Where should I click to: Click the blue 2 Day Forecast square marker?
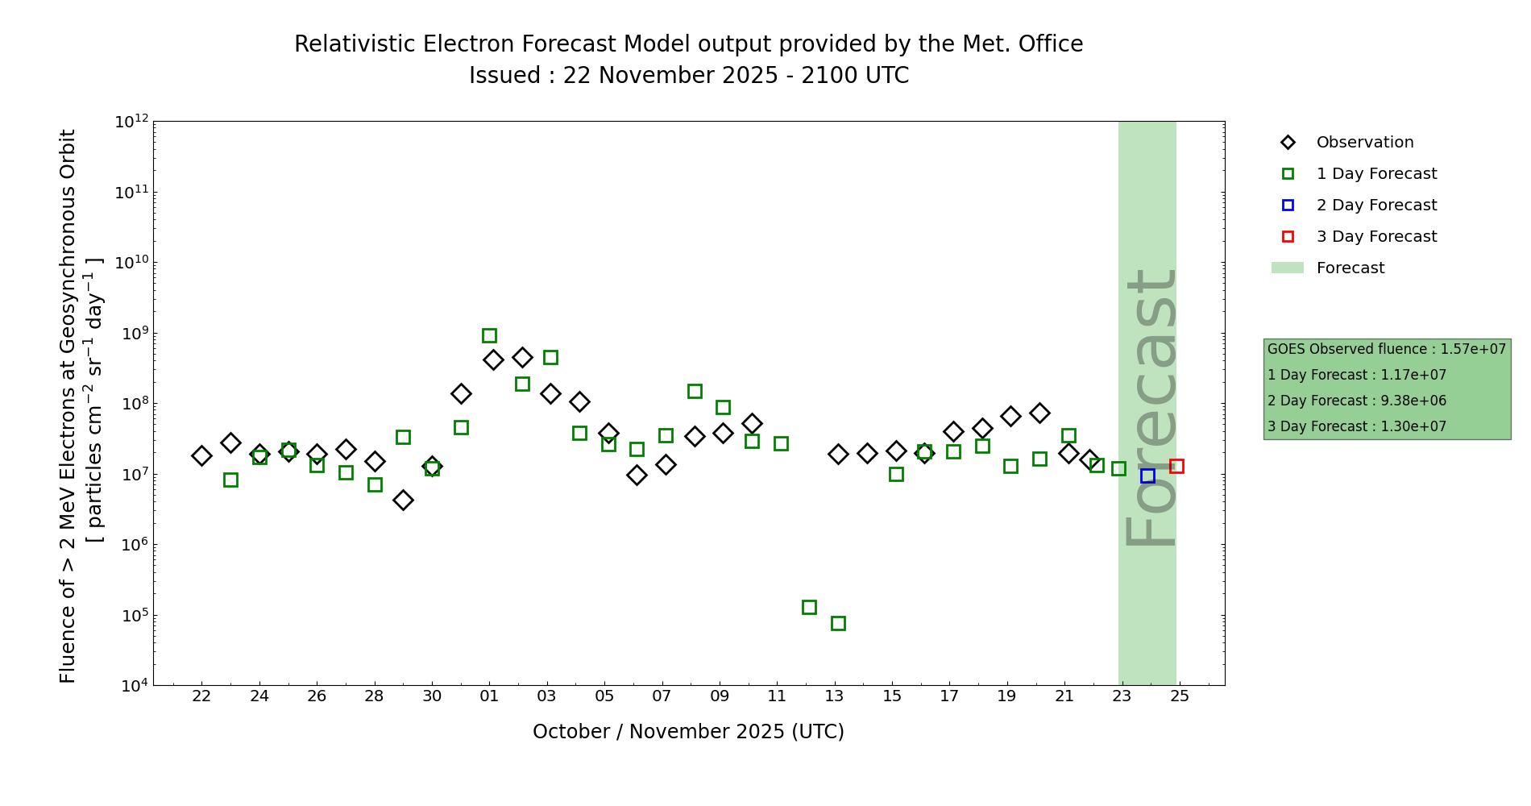pyautogui.click(x=1147, y=476)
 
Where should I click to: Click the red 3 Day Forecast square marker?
pyautogui.click(x=1176, y=466)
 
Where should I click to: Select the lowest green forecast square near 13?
pyautogui.click(x=838, y=623)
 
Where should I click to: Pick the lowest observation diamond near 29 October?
pyautogui.click(x=403, y=500)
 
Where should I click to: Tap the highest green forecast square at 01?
pyautogui.click(x=489, y=335)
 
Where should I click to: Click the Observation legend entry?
pyautogui.click(x=1364, y=143)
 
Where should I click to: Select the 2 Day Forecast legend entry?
pyautogui.click(x=1375, y=206)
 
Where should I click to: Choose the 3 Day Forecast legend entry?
pyautogui.click(x=1375, y=237)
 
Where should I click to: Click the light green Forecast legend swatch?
pyautogui.click(x=1287, y=268)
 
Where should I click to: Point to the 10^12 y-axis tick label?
pyautogui.click(x=131, y=122)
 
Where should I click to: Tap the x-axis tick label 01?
pyautogui.click(x=489, y=696)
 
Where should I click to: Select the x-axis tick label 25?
pyautogui.click(x=1180, y=696)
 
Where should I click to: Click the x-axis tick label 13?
pyautogui.click(x=834, y=696)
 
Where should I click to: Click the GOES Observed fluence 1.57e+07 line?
pyautogui.click(x=1386, y=349)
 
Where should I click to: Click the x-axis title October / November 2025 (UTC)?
pyautogui.click(x=688, y=732)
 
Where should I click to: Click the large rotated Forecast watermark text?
pyautogui.click(x=1150, y=407)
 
